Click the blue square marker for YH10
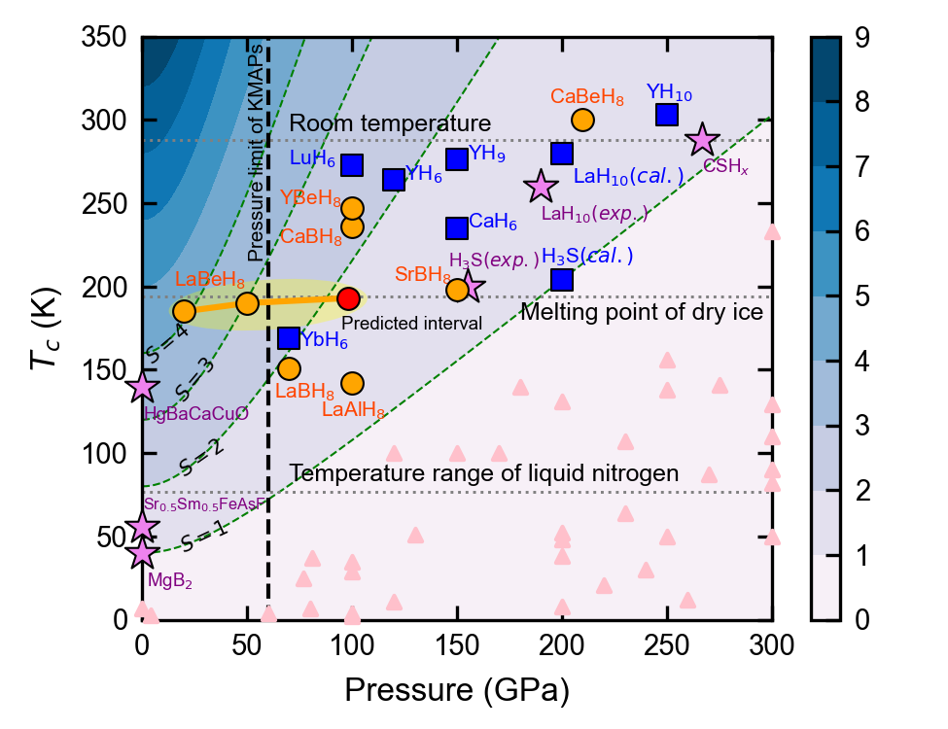(666, 115)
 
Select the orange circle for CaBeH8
(582, 120)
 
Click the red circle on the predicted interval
(349, 298)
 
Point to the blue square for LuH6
(352, 165)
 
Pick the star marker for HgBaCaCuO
(143, 386)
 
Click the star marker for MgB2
(143, 552)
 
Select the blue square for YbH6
(289, 338)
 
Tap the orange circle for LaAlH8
(352, 384)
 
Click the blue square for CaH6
(457, 228)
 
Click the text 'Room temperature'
(390, 123)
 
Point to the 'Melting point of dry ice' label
(642, 313)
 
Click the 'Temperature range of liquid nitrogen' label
(483, 473)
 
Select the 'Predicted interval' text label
(411, 323)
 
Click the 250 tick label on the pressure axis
(667, 643)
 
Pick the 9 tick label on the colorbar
(861, 38)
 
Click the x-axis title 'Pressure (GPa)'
(456, 690)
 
